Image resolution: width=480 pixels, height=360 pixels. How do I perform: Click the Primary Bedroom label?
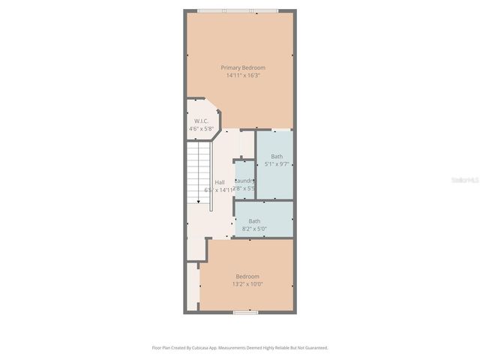242,67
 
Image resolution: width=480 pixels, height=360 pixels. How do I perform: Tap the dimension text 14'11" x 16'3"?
242,75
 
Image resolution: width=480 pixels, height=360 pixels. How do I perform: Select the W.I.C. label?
201,121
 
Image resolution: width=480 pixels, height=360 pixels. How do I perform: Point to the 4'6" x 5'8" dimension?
201,129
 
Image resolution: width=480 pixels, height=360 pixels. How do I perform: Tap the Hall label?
219,182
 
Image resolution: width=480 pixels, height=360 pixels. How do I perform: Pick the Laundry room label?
244,181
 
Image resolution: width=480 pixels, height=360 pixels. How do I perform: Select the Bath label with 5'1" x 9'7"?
277,156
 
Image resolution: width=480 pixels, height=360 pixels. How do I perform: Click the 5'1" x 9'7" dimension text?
277,164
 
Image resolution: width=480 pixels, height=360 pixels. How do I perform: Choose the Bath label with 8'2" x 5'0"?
254,221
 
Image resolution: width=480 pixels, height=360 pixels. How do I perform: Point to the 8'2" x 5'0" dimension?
254,229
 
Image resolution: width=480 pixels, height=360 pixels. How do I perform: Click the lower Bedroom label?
247,276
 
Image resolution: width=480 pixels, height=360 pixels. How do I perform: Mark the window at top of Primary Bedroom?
238,10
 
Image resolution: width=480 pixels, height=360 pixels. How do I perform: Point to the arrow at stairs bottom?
198,211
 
